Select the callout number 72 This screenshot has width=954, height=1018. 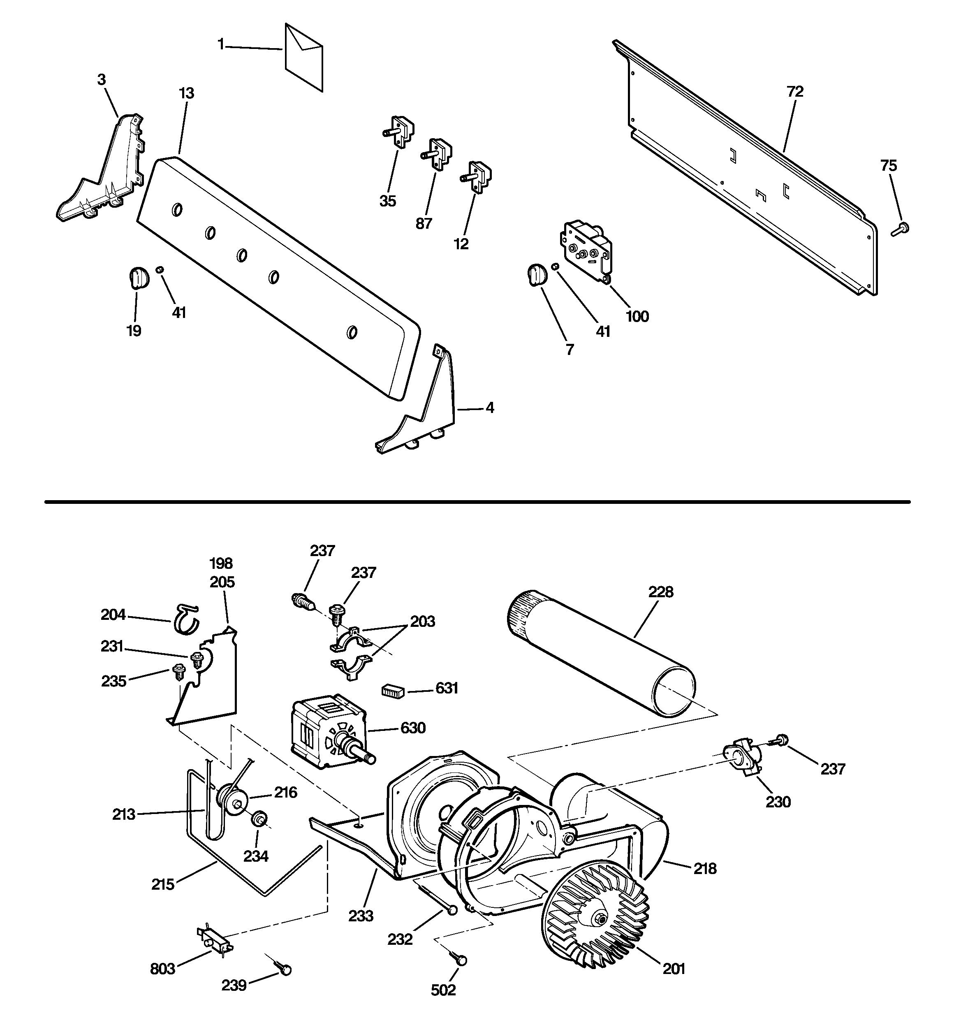coord(795,92)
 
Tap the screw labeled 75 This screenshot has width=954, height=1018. coord(901,229)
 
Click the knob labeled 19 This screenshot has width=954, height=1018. coord(137,277)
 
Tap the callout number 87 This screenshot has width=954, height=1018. coord(424,224)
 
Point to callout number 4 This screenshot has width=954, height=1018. coord(490,408)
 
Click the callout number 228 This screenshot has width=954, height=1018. coord(660,592)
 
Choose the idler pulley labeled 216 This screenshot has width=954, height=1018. coord(232,801)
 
